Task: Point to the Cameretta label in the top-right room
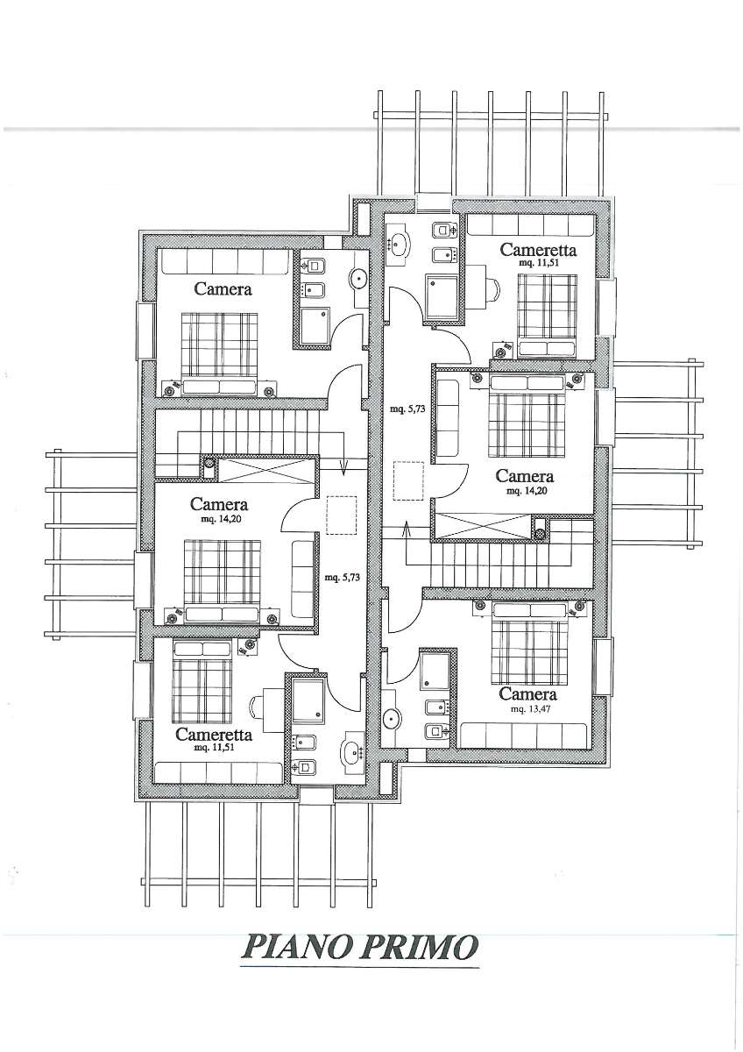click(538, 249)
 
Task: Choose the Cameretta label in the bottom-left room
click(214, 734)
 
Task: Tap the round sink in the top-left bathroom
click(359, 279)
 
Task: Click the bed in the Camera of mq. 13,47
click(529, 643)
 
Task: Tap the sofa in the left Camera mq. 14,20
click(302, 579)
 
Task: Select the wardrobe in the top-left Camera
click(225, 260)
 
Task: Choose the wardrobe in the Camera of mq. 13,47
click(524, 736)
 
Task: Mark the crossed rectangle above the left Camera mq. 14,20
click(266, 469)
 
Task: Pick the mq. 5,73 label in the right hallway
click(408, 409)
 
